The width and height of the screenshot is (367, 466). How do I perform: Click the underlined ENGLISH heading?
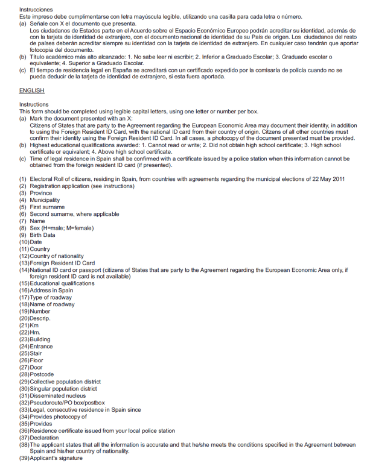click(x=31, y=90)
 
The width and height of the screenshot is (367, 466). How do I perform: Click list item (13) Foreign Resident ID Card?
click(x=57, y=263)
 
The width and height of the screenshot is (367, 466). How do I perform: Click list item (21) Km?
click(x=29, y=326)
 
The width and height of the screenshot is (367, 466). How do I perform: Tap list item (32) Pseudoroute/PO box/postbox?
click(x=62, y=403)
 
